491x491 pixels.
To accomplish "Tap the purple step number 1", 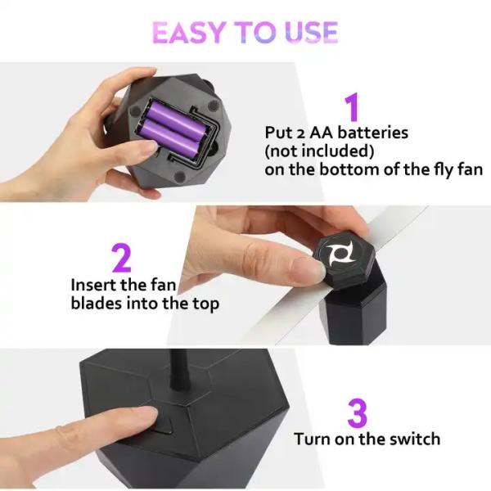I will tap(351, 107).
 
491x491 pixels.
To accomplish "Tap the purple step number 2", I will tap(120, 258).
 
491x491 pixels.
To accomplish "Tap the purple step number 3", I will tap(357, 412).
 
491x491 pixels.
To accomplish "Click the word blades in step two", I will tap(97, 304).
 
